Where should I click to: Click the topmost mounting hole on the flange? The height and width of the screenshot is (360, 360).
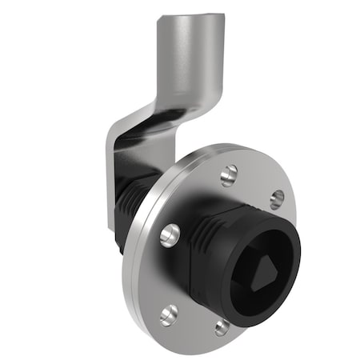coord(230,171)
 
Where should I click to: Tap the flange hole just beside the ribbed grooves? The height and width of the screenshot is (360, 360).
coord(170,234)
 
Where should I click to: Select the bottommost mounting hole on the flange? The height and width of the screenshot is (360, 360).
coord(222,326)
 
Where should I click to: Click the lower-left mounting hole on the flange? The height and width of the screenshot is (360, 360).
coord(169,314)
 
